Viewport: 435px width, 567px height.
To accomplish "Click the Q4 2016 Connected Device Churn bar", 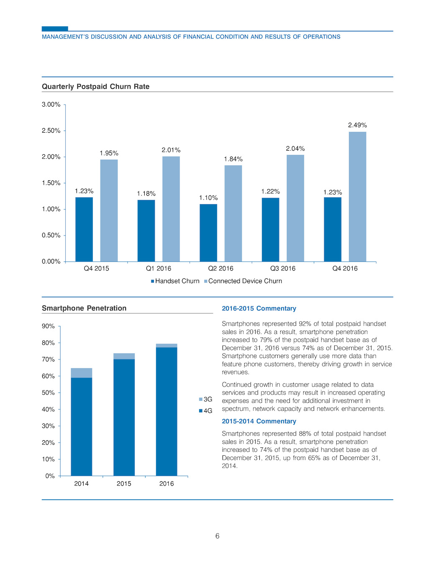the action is pos(357,197).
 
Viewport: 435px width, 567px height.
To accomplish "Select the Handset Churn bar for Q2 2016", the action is pos(208,233).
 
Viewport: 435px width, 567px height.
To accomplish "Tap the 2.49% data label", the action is pos(357,125).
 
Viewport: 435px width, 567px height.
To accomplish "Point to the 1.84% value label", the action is pos(233,159).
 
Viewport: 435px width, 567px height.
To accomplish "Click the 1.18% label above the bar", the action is pos(146,194).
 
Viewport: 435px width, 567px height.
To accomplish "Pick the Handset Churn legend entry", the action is pos(175,281).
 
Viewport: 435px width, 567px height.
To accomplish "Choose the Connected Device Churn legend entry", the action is pos(243,281).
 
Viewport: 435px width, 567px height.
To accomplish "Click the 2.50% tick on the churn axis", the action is pos(51,131).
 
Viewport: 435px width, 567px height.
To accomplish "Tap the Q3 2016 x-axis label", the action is pos(283,269).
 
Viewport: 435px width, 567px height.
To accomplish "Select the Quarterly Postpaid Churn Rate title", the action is pos(96,86).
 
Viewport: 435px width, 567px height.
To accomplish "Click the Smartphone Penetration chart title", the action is pos(84,308).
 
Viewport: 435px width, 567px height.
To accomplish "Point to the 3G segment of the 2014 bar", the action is pos(82,373).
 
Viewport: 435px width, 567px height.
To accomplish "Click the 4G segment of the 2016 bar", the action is pos(166,411).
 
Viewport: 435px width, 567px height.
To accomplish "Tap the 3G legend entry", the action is pos(205,399).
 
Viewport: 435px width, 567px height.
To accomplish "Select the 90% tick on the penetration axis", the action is pos(48,326).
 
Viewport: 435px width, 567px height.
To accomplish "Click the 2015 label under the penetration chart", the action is pos(124,484).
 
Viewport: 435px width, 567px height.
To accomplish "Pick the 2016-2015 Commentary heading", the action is pos(259,308).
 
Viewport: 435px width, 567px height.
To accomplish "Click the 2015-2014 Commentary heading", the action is pos(259,421).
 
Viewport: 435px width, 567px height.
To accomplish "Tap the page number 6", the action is pos(217,536).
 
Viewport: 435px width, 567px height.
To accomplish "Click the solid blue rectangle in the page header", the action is pos(55,29).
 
